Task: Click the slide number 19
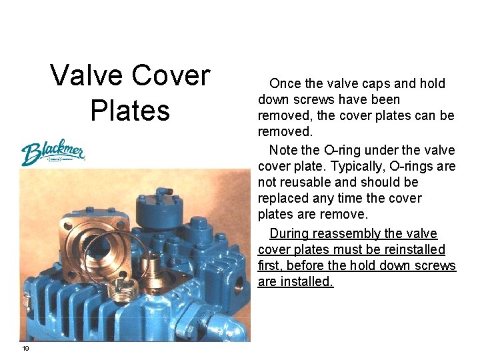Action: click(25, 349)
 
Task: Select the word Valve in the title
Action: click(86, 75)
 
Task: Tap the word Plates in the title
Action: click(130, 110)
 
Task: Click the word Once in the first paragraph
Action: click(285, 84)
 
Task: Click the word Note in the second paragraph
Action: click(283, 150)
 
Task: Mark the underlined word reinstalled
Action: click(410, 249)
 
